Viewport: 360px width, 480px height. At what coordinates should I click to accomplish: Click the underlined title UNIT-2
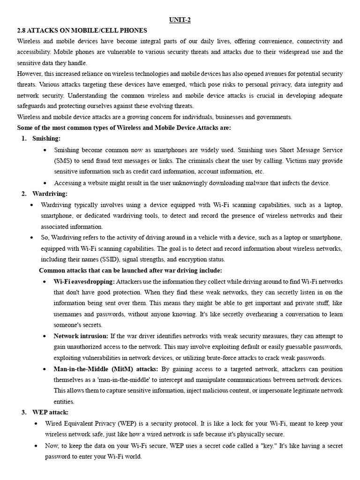click(x=180, y=19)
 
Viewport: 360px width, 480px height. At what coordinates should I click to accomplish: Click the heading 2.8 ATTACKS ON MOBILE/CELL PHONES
click(x=82, y=30)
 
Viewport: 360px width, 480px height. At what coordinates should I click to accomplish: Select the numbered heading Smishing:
click(x=46, y=138)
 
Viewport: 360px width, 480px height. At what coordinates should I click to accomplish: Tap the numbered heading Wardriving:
click(x=50, y=194)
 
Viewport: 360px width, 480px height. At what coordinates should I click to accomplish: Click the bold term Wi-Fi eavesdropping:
click(x=84, y=281)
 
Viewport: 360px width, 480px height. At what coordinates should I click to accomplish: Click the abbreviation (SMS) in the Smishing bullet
click(x=63, y=160)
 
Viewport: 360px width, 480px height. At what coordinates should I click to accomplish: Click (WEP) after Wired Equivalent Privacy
click(x=125, y=423)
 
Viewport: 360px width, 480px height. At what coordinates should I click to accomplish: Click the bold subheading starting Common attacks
click(x=130, y=270)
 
